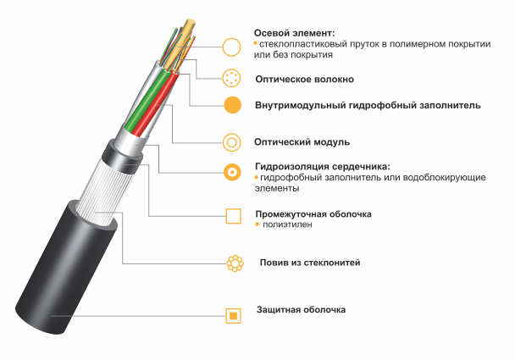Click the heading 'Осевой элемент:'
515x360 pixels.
[294, 33]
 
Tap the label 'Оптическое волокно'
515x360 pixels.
[304, 79]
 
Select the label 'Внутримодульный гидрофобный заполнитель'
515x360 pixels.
[368, 105]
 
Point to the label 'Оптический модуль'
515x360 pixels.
[302, 142]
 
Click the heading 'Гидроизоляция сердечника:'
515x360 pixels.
[323, 167]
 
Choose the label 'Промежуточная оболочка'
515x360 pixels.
[313, 214]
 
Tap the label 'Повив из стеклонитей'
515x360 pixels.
[310, 263]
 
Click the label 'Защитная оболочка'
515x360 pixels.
[301, 310]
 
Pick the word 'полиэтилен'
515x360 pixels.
[287, 224]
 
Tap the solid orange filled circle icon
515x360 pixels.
[233, 105]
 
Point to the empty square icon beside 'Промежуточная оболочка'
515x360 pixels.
[227, 216]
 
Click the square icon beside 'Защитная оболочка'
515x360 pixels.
[233, 316]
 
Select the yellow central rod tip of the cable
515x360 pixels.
[190, 24]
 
